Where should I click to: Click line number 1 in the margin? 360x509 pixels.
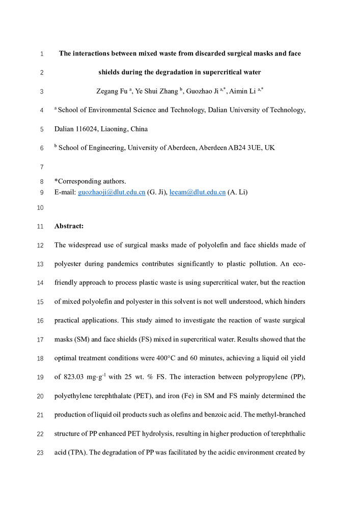(x=41, y=53)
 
